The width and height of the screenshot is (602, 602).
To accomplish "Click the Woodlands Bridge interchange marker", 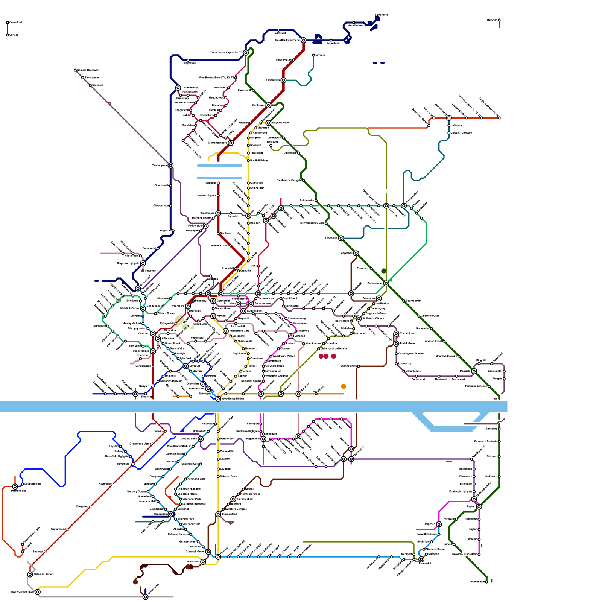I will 218,398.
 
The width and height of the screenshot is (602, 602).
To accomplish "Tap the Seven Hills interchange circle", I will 283,80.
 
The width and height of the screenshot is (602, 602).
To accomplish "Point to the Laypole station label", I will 320,55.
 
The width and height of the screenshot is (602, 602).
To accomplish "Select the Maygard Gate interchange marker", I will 268,123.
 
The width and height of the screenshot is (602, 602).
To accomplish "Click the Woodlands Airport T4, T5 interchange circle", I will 246,53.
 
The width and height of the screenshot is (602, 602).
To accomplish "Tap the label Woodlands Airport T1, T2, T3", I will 216,78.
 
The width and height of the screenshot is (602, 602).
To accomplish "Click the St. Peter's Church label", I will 373,318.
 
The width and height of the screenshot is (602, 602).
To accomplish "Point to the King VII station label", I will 481,360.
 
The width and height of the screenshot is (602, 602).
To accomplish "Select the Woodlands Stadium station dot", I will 193,446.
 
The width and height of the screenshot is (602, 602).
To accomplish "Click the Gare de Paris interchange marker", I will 201,439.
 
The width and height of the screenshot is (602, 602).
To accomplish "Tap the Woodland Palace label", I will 284,356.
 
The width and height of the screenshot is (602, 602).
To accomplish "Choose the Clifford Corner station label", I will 166,313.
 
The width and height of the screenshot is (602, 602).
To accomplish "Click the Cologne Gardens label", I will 178,534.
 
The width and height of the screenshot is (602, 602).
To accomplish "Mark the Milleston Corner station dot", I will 424,549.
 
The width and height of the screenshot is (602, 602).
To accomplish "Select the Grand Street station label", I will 173,343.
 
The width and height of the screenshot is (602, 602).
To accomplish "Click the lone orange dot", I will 344,386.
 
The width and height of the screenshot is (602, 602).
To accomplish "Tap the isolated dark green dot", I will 383,271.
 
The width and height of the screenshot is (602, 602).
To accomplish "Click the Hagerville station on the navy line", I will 173,231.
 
